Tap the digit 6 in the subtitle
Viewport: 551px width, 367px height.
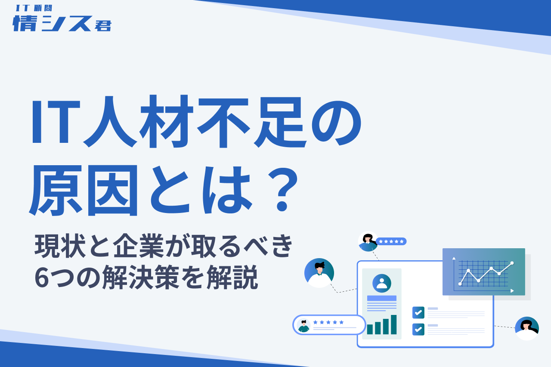42,277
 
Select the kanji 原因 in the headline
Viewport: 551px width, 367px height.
83,190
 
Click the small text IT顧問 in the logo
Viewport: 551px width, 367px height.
34,8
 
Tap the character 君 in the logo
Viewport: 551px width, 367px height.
103,25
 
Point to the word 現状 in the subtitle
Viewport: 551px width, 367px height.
60,246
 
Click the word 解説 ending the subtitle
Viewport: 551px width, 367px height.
232,277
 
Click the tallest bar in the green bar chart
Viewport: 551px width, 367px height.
393,324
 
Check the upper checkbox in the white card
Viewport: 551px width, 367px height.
418,312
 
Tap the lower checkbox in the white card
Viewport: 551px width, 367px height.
418,330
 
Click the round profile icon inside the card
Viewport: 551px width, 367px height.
382,284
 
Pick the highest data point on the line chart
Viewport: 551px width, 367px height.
512,263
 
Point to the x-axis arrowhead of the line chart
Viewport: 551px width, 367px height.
512,291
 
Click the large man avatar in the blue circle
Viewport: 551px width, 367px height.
319,273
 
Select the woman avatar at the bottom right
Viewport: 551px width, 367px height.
527,328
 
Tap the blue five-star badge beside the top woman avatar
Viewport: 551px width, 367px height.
391,241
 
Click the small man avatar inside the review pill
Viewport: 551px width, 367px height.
303,325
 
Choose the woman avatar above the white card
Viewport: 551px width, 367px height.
368,241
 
